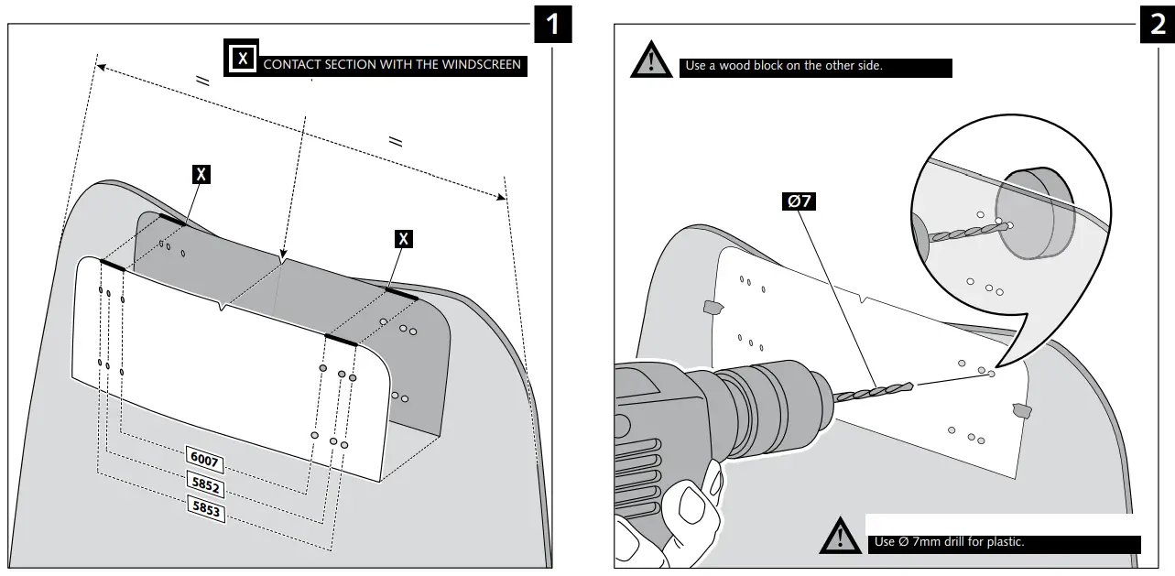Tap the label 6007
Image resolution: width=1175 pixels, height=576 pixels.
point(203,458)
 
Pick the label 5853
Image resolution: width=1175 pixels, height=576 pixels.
point(205,508)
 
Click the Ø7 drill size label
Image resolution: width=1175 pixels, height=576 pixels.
point(800,201)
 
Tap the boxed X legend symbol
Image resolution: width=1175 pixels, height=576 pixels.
point(242,59)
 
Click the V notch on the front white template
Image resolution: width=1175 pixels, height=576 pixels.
point(221,308)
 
